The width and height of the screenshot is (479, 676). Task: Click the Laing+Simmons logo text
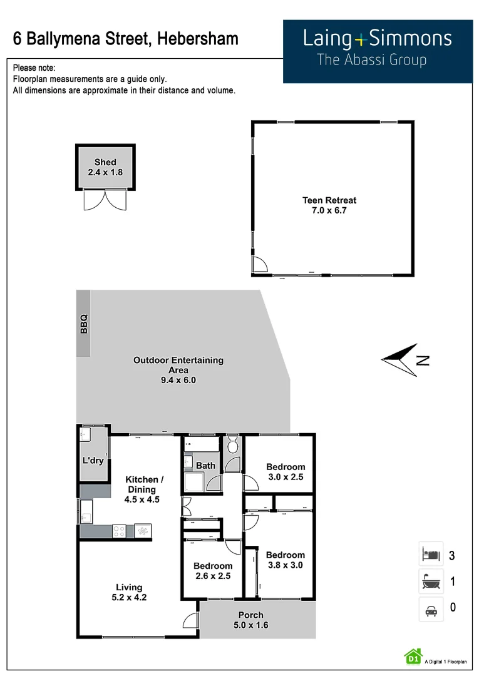tap(377, 39)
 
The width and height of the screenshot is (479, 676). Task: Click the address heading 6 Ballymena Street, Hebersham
tap(126, 39)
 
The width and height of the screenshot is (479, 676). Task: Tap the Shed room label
tap(105, 167)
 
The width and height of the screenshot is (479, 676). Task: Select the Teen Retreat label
tap(329, 205)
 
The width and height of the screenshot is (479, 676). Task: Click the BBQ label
tap(84, 324)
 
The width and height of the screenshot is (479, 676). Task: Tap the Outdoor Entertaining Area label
tap(178, 370)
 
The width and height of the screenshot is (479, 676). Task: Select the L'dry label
tap(93, 461)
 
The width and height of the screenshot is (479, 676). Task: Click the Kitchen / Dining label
tap(145, 489)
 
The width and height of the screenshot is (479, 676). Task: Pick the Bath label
tap(205, 466)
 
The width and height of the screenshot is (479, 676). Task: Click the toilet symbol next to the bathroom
tap(232, 446)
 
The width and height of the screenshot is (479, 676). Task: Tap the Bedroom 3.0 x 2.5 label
tap(286, 472)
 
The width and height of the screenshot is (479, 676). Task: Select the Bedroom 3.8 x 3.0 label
tap(285, 560)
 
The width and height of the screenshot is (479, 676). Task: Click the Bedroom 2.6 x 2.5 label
tap(213, 571)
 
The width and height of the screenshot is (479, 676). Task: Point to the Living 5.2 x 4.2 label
tap(129, 592)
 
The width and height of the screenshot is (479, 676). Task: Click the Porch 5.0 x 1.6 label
tap(250, 620)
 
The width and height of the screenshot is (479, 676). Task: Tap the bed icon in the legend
tap(431, 554)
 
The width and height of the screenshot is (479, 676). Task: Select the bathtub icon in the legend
tap(431, 581)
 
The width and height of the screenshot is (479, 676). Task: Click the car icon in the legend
tap(431, 609)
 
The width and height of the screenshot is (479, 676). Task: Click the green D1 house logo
tap(413, 656)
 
